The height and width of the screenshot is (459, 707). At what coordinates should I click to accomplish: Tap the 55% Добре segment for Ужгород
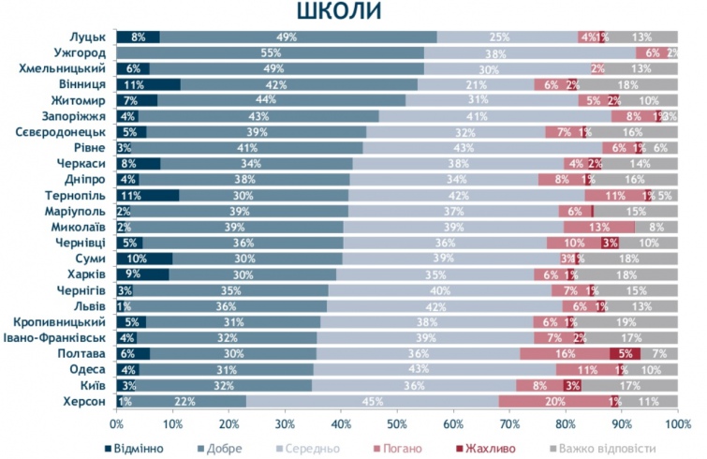coord(271,53)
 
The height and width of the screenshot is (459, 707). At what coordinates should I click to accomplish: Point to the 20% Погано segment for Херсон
coord(554,402)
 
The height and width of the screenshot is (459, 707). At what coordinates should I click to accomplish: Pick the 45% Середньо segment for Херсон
coord(373,402)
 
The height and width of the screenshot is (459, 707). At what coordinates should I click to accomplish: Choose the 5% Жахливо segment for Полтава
coord(625,354)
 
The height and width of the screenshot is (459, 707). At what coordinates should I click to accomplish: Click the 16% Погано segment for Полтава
coord(565,354)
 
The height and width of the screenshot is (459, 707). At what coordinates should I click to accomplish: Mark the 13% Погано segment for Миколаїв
coord(599,227)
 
